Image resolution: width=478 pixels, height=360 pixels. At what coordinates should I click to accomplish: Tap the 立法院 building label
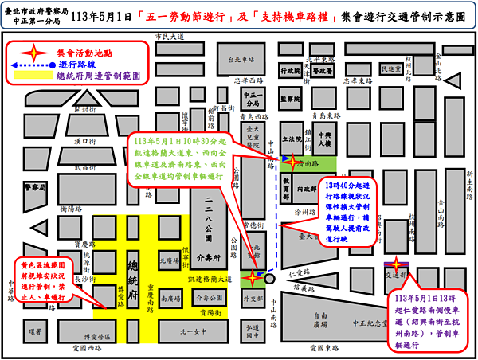click(296, 138)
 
